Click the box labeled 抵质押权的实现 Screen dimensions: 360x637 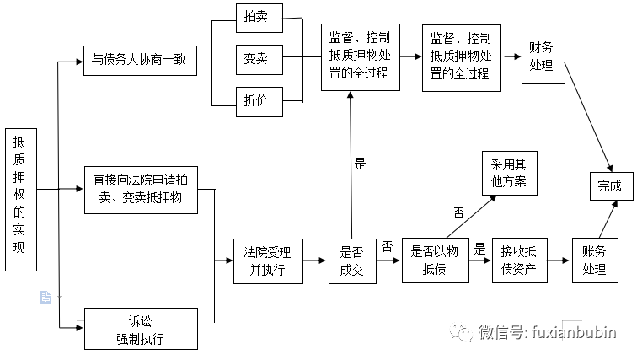(x=19, y=201)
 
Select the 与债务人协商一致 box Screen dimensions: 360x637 (x=139, y=61)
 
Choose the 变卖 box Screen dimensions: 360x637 (x=258, y=59)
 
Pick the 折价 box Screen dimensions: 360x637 (x=258, y=100)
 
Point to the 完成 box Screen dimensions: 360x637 (x=609, y=186)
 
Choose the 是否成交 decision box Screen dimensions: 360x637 (x=352, y=261)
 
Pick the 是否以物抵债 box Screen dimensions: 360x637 (x=434, y=260)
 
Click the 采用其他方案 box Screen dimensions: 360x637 (x=508, y=175)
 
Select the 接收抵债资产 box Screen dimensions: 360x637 (x=519, y=260)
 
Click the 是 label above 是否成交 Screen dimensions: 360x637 (x=361, y=164)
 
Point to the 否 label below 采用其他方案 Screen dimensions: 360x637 (x=458, y=212)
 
